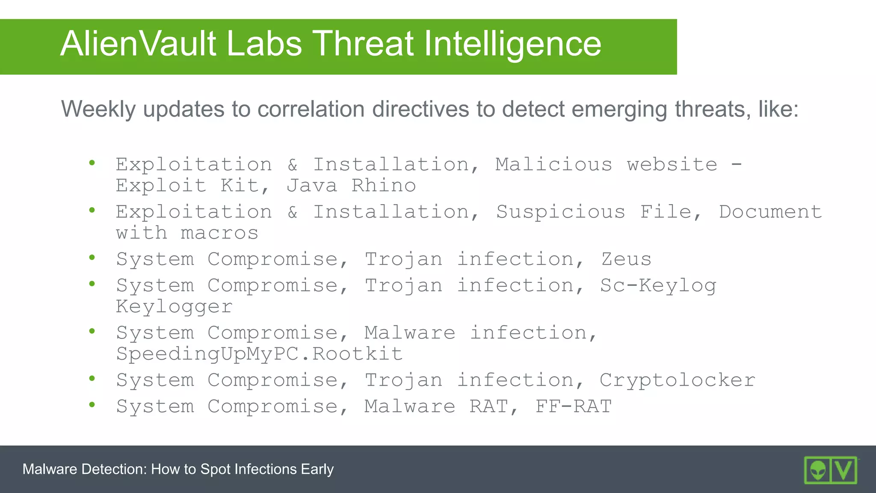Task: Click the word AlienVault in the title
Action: [138, 44]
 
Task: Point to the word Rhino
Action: [384, 186]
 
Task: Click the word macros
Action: [219, 233]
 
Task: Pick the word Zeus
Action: [626, 259]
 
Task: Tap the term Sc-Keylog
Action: [658, 285]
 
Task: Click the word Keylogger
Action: [174, 307]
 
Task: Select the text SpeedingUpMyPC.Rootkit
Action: [259, 354]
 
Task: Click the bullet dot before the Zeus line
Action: [92, 257]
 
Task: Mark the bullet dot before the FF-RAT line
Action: [92, 404]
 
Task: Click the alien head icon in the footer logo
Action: [818, 470]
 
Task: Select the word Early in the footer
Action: [317, 469]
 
